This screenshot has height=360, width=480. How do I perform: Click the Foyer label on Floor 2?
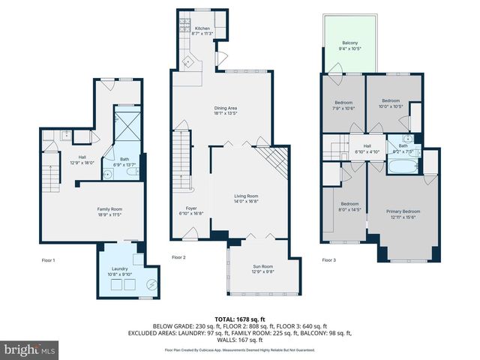192,209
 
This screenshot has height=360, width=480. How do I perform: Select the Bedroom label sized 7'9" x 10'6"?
343,104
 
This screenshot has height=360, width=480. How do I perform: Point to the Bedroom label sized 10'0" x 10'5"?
391,103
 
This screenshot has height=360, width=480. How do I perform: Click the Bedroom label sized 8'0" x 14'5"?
348,206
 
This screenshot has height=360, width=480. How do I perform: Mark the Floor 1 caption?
48,259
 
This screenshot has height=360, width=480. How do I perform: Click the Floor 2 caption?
178,257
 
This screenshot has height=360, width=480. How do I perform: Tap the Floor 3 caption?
328,259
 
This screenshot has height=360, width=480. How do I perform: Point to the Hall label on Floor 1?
79,159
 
